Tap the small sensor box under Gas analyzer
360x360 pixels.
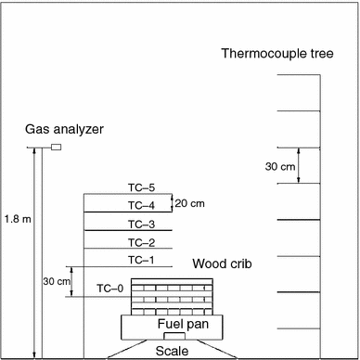click(x=56, y=147)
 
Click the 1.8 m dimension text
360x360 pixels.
click(x=16, y=219)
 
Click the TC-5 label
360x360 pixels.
click(x=141, y=188)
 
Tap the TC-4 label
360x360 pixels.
click(x=141, y=205)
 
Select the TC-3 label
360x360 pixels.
click(x=141, y=224)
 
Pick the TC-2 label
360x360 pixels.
click(x=141, y=242)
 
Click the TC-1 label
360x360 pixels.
click(x=141, y=260)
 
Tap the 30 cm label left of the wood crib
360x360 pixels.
click(x=57, y=281)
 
